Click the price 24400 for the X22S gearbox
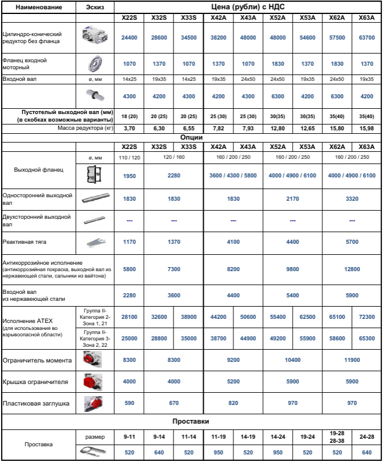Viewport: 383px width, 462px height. coord(129,36)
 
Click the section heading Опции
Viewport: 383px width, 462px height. coord(191,137)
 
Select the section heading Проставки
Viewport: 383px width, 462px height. coord(191,421)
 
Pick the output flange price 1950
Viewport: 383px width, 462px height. coord(129,176)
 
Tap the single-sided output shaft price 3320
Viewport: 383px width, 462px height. coord(352,198)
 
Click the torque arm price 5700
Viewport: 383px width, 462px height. coord(352,241)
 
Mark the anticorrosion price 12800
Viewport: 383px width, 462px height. coord(352,269)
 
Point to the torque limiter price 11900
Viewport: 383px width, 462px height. coord(352,361)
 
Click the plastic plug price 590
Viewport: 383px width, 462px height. coord(129,403)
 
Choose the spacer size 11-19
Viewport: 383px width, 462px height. coord(218,435)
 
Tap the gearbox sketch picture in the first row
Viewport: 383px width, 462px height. coord(96,36)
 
